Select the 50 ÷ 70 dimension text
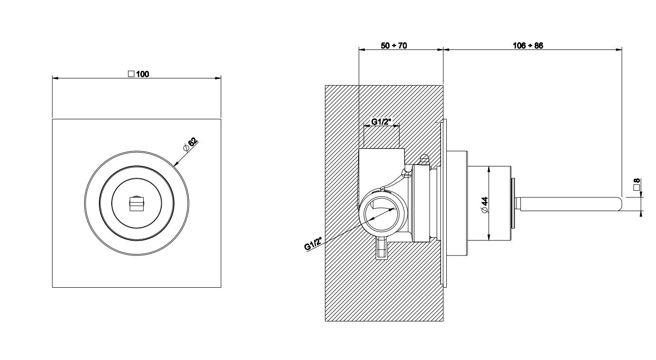point(394,46)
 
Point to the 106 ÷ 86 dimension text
point(528,46)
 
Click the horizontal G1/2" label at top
point(382,122)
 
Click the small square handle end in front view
point(137,204)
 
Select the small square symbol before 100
point(131,74)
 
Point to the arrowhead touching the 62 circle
point(176,165)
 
